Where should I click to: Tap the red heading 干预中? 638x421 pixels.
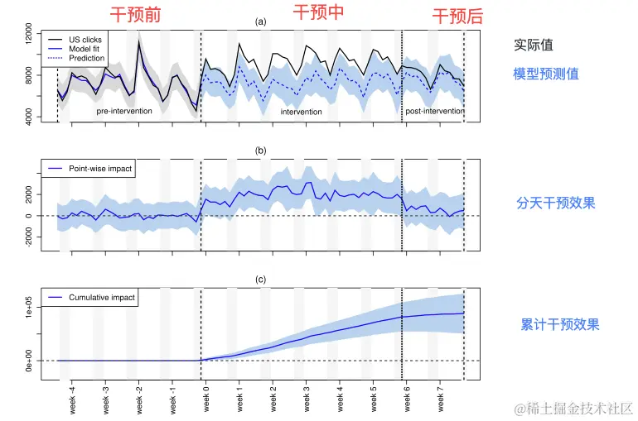tap(319, 12)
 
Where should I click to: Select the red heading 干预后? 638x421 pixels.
tap(457, 17)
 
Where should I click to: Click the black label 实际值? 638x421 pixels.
tap(534, 45)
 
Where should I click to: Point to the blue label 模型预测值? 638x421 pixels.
tap(545, 74)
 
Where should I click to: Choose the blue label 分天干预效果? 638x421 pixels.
tap(556, 203)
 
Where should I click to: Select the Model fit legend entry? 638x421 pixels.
tap(84, 49)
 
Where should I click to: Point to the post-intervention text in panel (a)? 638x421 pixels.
tap(434, 110)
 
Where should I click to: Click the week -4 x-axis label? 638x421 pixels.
tap(72, 398)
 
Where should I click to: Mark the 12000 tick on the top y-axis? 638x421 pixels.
tap(29, 36)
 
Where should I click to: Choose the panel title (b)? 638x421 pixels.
tap(261, 151)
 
